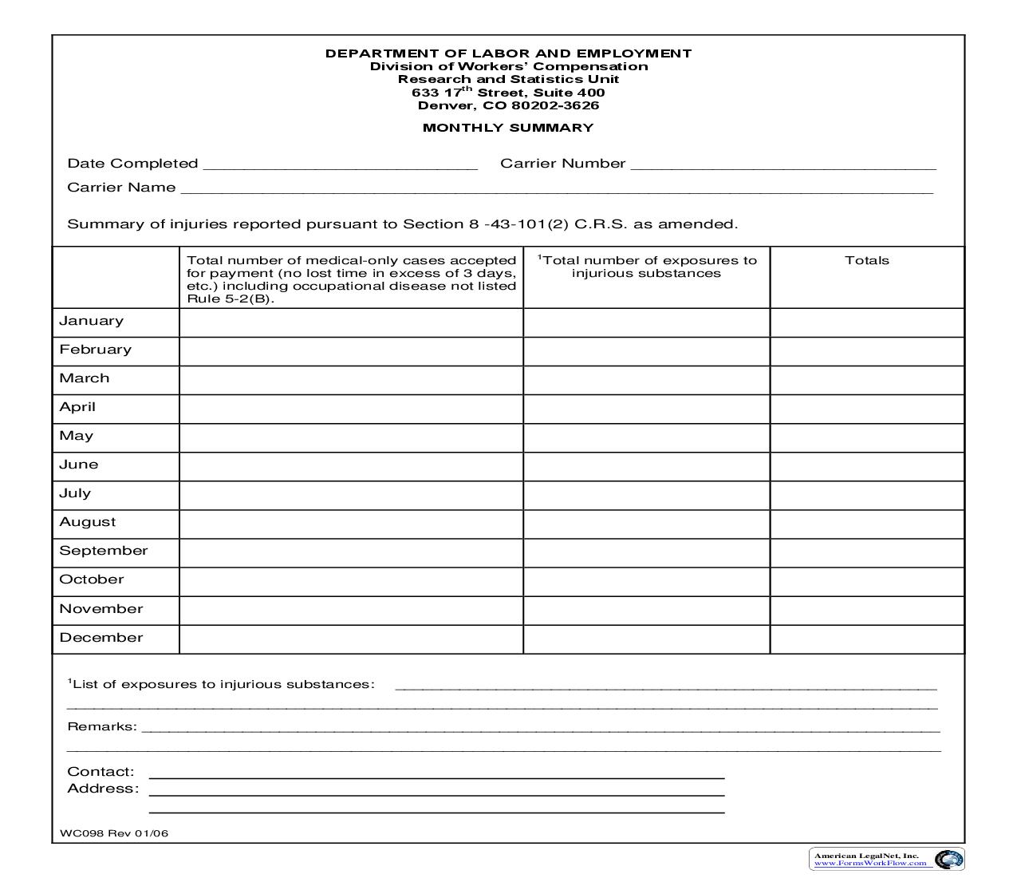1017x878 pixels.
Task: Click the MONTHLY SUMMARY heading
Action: pyautogui.click(x=508, y=128)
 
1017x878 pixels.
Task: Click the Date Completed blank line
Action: pyautogui.click(x=341, y=164)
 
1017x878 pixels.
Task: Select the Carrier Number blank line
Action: pyautogui.click(x=782, y=164)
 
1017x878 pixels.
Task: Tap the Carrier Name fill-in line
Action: pyautogui.click(x=557, y=188)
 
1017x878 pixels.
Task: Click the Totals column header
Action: pyautogui.click(x=866, y=260)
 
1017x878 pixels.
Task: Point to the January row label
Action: pyautogui.click(x=91, y=321)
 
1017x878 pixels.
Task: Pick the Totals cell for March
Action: pyautogui.click(x=867, y=380)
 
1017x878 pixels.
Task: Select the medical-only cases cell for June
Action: pyautogui.click(x=351, y=466)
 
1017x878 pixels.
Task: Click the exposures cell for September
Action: pyautogui.click(x=646, y=552)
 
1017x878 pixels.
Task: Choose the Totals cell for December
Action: pyautogui.click(x=867, y=639)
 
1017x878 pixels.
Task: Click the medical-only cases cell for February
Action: pyautogui.click(x=351, y=351)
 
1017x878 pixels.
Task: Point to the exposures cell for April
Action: pyautogui.click(x=646, y=409)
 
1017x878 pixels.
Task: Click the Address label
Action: pyautogui.click(x=102, y=789)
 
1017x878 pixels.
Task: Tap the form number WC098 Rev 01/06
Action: pyautogui.click(x=114, y=834)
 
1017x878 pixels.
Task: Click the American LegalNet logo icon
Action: pyautogui.click(x=948, y=860)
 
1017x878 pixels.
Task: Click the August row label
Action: pyautogui.click(x=87, y=522)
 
